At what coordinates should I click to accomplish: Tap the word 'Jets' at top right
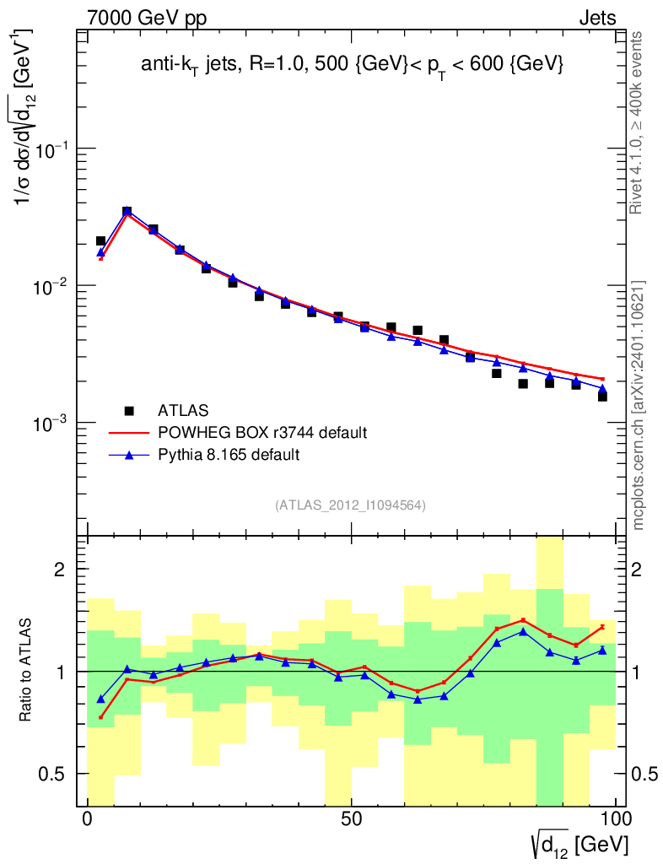(596, 17)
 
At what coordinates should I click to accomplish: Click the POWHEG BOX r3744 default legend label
(263, 433)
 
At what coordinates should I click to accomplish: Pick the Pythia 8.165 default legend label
(229, 455)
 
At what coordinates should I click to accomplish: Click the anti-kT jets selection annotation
(352, 66)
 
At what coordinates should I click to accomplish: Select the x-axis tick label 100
(615, 819)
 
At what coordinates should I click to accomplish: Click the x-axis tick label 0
(88, 819)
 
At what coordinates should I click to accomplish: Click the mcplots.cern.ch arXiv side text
(639, 405)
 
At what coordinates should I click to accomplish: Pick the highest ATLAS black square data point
(127, 212)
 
